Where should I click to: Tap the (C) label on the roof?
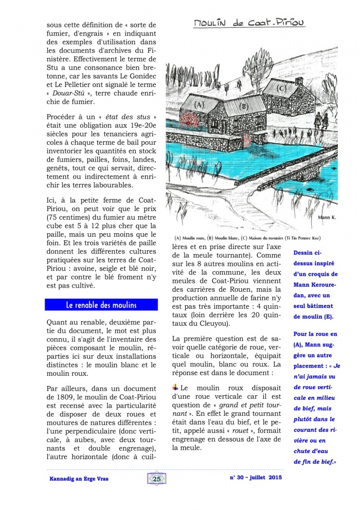(x=281, y=87)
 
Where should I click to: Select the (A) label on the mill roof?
(x=200, y=105)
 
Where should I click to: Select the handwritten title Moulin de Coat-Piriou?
(x=249, y=23)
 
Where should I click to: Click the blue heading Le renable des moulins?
(x=101, y=305)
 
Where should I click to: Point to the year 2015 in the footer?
(x=275, y=478)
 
